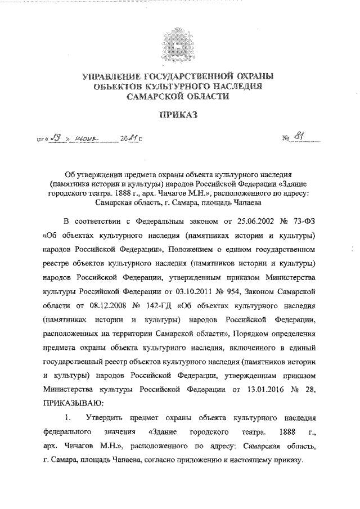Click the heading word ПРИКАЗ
click(179, 115)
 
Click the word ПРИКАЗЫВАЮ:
click(73, 403)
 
